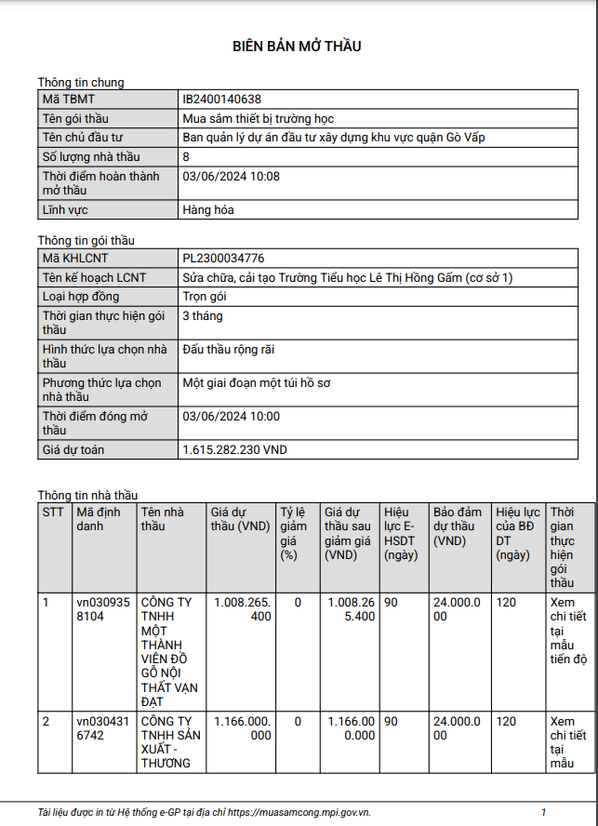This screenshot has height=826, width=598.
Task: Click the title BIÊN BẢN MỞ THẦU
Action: point(297,46)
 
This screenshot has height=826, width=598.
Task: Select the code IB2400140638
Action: point(222,99)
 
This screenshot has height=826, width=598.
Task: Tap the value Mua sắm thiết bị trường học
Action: point(259,118)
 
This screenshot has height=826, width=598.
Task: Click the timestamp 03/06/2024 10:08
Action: point(232,177)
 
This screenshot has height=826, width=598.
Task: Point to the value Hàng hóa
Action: point(208,210)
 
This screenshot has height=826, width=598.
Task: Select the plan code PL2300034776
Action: point(223,258)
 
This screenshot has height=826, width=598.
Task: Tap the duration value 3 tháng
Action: point(203,316)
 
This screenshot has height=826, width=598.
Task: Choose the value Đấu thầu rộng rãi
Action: point(229,350)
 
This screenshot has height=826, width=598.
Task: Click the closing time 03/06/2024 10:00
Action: point(232,417)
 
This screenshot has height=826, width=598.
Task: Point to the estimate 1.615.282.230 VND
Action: point(235,450)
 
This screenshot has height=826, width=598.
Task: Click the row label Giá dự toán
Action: point(73,450)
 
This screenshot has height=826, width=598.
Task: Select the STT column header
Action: point(52,512)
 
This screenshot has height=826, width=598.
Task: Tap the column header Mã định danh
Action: point(99,519)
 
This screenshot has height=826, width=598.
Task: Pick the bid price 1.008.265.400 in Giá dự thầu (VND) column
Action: point(242,609)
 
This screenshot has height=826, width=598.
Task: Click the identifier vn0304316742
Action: point(99,728)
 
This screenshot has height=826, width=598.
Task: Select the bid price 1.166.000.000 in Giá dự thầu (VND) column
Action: point(242,728)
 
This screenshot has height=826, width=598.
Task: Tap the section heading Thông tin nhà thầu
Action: point(87,495)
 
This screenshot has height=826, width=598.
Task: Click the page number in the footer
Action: point(543,812)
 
